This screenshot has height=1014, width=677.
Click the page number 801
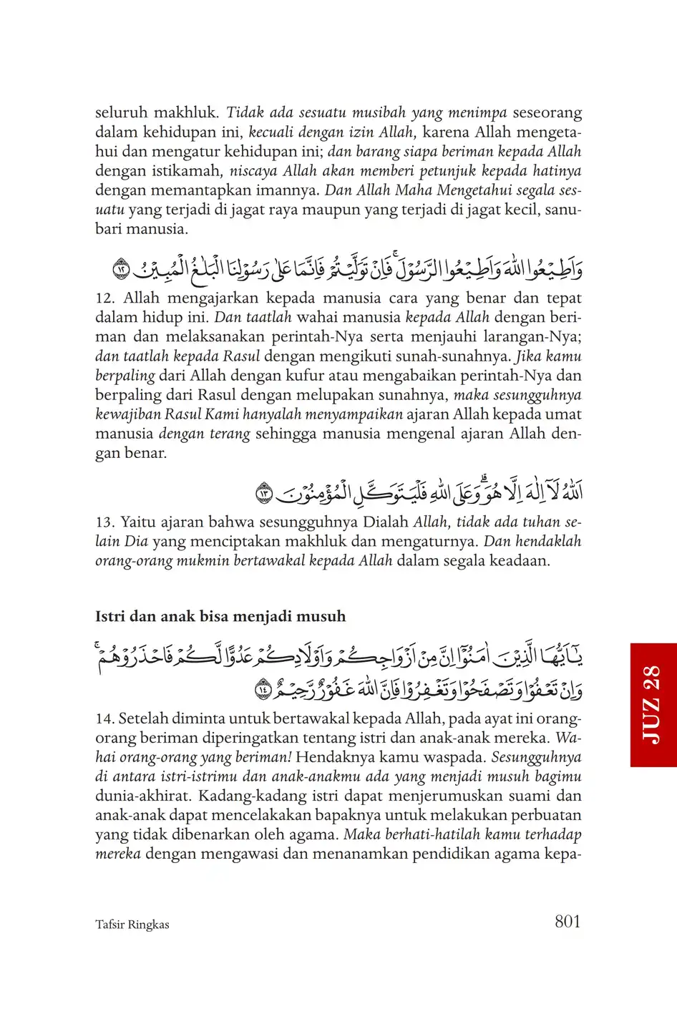point(568,922)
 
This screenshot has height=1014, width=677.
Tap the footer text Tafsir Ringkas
point(132,925)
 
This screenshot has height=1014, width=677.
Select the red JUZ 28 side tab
point(653,704)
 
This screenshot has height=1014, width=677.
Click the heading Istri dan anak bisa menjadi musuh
point(220,616)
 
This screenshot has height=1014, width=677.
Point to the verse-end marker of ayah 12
point(122,270)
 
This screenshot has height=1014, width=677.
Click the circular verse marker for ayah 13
point(264,493)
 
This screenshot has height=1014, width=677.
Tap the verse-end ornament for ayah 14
point(263,689)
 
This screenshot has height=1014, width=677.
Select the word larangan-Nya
point(529,337)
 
